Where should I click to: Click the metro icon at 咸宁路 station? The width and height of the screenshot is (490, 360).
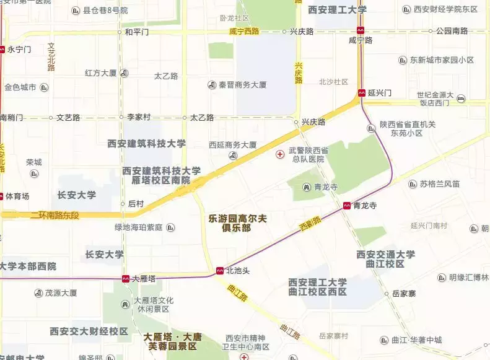tap(361, 30)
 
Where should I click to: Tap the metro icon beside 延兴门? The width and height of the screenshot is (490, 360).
tap(361, 93)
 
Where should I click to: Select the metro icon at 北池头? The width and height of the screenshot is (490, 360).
tap(220, 271)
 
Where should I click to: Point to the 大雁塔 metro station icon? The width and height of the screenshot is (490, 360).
tap(126, 279)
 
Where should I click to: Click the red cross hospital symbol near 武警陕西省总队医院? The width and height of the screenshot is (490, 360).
tap(280, 152)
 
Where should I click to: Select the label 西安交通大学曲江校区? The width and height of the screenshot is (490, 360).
tap(385, 259)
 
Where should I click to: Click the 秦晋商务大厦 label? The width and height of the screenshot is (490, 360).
tap(242, 85)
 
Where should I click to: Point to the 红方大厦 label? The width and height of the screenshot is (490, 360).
tap(100, 73)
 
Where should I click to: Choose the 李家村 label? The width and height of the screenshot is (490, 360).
tap(139, 116)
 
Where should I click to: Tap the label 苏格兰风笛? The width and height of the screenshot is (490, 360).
tap(439, 184)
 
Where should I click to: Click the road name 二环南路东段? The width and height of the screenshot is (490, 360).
tap(55, 214)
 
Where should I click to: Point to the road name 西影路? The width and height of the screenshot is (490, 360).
tap(309, 221)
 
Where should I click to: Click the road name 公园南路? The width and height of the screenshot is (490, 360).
tap(452, 30)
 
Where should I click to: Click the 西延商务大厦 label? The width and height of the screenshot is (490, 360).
tap(233, 145)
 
